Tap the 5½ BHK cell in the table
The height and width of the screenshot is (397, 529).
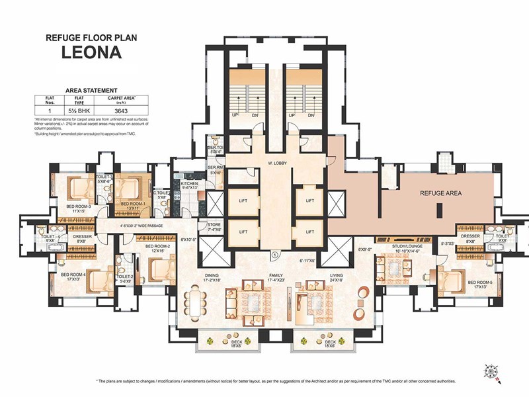point(79,110)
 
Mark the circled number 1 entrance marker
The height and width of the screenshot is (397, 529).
point(274,254)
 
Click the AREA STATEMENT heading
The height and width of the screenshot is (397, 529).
point(91,90)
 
